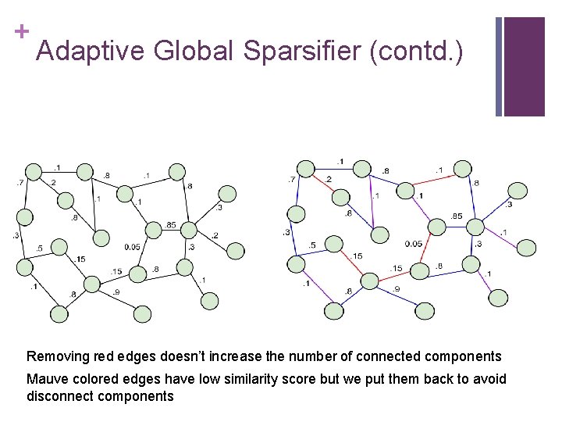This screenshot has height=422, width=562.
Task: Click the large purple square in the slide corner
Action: (524, 66)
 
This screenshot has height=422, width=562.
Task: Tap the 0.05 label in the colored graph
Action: (414, 244)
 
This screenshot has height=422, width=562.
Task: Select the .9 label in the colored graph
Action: (396, 289)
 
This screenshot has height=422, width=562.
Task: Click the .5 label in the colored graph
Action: (312, 245)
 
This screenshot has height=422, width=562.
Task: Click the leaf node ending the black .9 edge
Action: (142, 313)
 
